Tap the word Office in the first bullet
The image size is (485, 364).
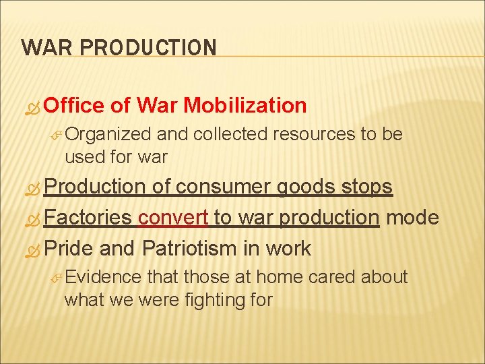pyautogui.click(x=73, y=105)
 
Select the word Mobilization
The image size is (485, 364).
pyautogui.click(x=245, y=105)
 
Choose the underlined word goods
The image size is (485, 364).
pyautogui.click(x=309, y=187)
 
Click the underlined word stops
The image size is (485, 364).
pyautogui.click(x=368, y=187)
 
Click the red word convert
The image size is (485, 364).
pyautogui.click(x=173, y=218)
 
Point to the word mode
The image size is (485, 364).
pyautogui.click(x=412, y=218)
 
